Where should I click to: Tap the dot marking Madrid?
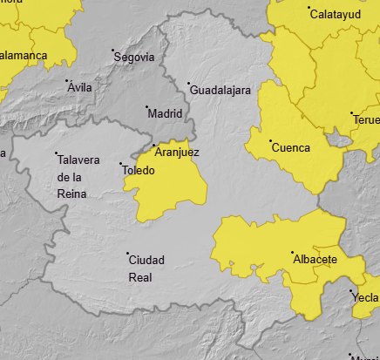pos(146,107)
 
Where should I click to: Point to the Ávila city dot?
pos(69,81)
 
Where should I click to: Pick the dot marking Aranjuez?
pos(154,146)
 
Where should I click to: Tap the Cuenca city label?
pos(291,148)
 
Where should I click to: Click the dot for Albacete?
pos(292,253)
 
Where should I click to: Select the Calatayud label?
pos(336,15)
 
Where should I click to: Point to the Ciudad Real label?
pos(146,268)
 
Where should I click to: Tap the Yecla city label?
pos(365,297)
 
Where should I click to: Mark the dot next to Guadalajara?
pos(189,84)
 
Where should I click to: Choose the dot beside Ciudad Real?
pos(127,254)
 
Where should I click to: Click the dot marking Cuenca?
pos(271,141)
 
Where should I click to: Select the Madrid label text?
pos(166,113)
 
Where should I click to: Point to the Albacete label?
pos(316,260)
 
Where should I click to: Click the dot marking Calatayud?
pos(309,9)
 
